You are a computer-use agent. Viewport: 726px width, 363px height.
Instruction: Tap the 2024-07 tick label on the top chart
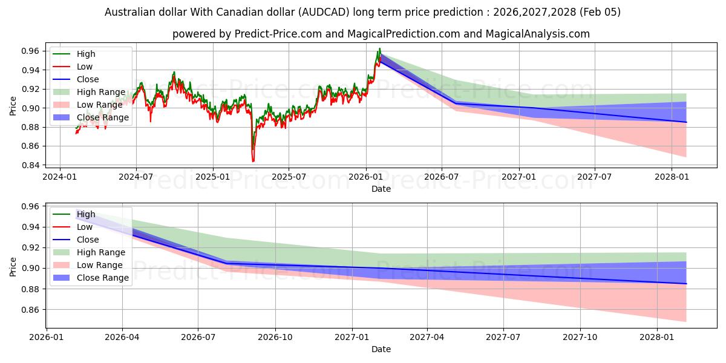pyautogui.click(x=136, y=177)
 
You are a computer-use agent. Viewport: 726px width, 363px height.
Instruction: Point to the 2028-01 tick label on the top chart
pyautogui.click(x=672, y=177)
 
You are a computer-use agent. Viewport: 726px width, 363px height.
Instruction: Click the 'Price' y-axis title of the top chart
pyautogui.click(x=13, y=105)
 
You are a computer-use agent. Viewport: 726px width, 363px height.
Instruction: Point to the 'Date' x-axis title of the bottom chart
pyautogui.click(x=381, y=349)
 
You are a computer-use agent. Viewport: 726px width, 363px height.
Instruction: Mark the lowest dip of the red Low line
pyautogui.click(x=253, y=162)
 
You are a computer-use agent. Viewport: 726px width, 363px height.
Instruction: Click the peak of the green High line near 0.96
pyautogui.click(x=379, y=48)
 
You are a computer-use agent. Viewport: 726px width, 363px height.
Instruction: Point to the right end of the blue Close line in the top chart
pyautogui.click(x=686, y=122)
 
